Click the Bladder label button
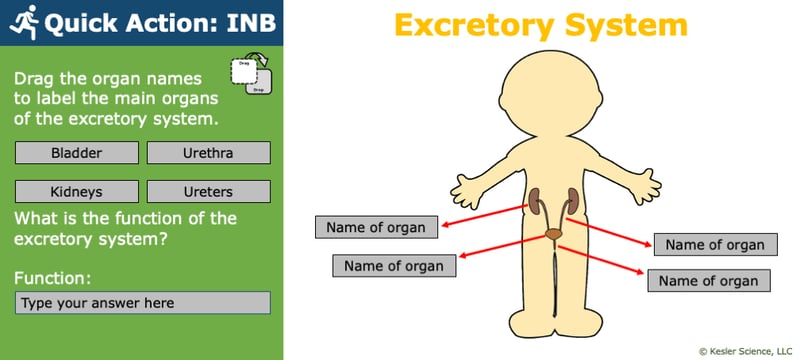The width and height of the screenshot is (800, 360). (x=76, y=153)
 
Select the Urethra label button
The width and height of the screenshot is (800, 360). (x=208, y=153)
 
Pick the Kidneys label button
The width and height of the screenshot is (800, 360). (x=76, y=191)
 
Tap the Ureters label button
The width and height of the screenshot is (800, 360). (x=208, y=191)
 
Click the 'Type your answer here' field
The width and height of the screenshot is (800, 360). (x=143, y=303)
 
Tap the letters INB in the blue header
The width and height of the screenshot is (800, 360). (x=240, y=23)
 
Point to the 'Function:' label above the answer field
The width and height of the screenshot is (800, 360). (x=53, y=277)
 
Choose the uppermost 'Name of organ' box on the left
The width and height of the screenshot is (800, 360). (x=376, y=227)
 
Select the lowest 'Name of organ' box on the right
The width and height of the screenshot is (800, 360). (x=709, y=281)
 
